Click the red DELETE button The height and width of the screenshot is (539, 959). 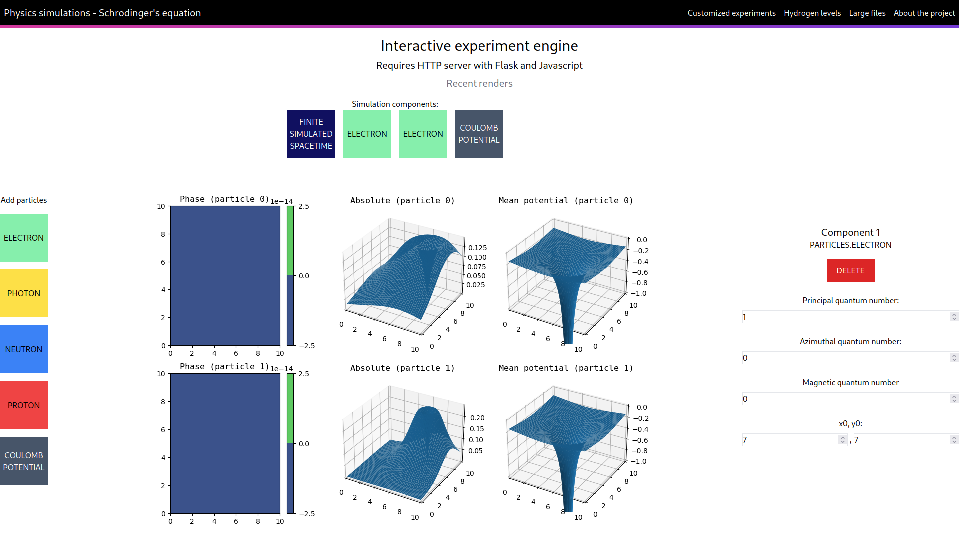[850, 270]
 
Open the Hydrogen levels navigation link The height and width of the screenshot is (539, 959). [812, 13]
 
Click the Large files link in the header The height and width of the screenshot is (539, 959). [867, 13]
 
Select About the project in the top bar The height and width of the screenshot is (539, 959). [924, 13]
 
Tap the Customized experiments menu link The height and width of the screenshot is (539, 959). [731, 13]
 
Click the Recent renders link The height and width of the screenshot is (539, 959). [479, 83]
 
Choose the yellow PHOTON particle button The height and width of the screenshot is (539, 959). [24, 293]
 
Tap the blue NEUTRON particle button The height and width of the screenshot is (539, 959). [24, 349]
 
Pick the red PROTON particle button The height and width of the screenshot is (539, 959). [24, 405]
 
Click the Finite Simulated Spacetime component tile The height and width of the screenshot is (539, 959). [311, 134]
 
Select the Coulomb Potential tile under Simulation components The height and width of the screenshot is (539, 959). [479, 134]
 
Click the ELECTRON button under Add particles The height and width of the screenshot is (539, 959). [24, 238]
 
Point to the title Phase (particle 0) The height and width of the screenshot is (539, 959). [224, 199]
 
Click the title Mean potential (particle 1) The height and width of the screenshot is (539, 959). [565, 368]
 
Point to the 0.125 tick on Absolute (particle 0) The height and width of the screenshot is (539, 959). [477, 248]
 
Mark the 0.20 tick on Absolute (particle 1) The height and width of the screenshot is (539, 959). [477, 418]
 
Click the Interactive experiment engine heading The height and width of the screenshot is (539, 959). [479, 46]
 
